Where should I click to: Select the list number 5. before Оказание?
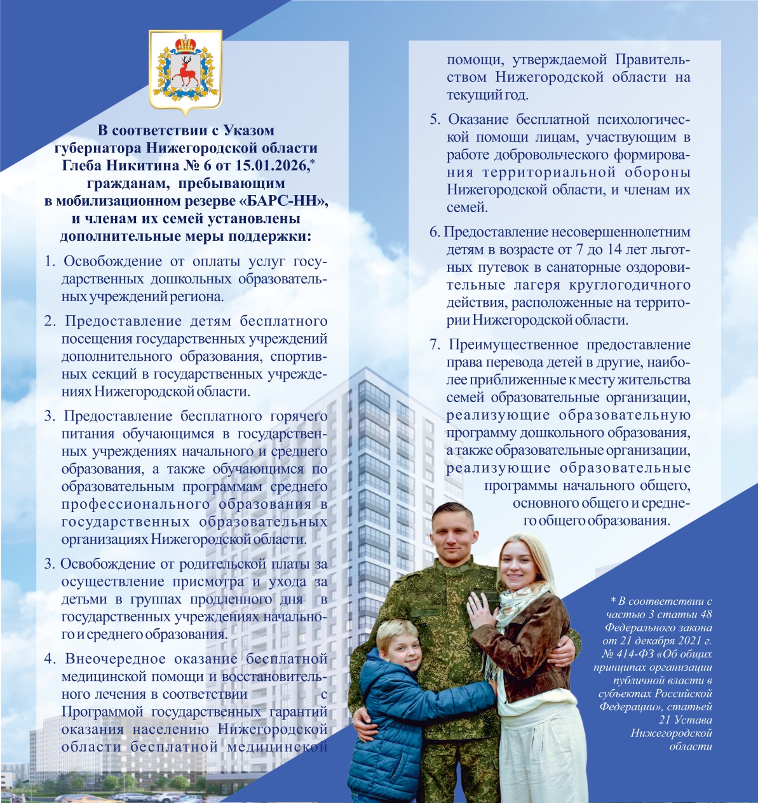click(435, 119)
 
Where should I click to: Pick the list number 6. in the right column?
click(435, 233)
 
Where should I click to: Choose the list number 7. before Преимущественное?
click(435, 345)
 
